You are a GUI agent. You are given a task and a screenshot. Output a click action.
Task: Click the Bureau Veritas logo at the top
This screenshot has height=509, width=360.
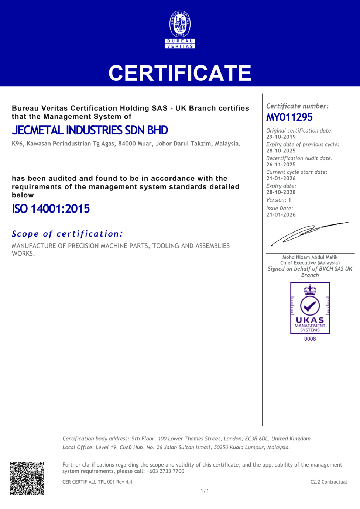coord(180,30)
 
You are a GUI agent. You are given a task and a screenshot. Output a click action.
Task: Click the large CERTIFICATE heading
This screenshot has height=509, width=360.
coord(180,73)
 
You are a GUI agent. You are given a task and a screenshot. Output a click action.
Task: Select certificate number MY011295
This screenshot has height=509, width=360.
coord(289,117)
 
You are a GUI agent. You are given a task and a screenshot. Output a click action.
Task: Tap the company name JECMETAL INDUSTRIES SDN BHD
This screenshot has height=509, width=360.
coord(90,130)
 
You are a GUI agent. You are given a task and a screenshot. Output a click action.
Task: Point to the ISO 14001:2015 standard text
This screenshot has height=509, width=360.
coord(51,209)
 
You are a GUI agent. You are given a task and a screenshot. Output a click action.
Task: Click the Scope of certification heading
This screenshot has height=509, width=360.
coord(67,234)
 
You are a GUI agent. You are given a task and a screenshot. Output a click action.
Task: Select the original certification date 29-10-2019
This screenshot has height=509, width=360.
coord(281,137)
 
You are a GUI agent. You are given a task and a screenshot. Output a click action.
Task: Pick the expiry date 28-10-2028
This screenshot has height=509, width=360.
coord(281,192)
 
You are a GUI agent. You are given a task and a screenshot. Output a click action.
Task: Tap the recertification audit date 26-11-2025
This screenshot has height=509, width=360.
coord(281,165)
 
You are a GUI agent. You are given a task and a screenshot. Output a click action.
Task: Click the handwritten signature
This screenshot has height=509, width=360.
coord(309,233)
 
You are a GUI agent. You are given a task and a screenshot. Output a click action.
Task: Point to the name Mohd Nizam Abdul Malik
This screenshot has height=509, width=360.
coord(310,257)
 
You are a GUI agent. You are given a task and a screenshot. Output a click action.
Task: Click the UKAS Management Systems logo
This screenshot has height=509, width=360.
coord(310,308)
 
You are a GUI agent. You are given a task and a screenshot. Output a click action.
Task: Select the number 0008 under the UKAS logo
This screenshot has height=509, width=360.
coord(310,339)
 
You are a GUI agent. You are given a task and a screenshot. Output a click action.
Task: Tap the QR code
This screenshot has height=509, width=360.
coord(27,478)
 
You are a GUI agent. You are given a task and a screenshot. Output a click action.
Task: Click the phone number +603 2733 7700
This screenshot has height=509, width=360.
coord(165,471)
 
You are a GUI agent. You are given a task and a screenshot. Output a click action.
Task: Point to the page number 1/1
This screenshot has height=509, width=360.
coord(205,491)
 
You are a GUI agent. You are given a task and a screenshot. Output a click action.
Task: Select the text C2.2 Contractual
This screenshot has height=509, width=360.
coord(329,482)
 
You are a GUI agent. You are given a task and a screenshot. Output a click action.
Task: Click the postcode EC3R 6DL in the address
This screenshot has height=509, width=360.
coord(257,439)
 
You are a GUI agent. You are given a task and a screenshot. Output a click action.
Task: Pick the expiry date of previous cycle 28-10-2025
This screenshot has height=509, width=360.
coord(281,151)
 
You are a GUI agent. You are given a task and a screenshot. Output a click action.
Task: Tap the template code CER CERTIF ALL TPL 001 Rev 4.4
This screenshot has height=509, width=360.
coord(97,482)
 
